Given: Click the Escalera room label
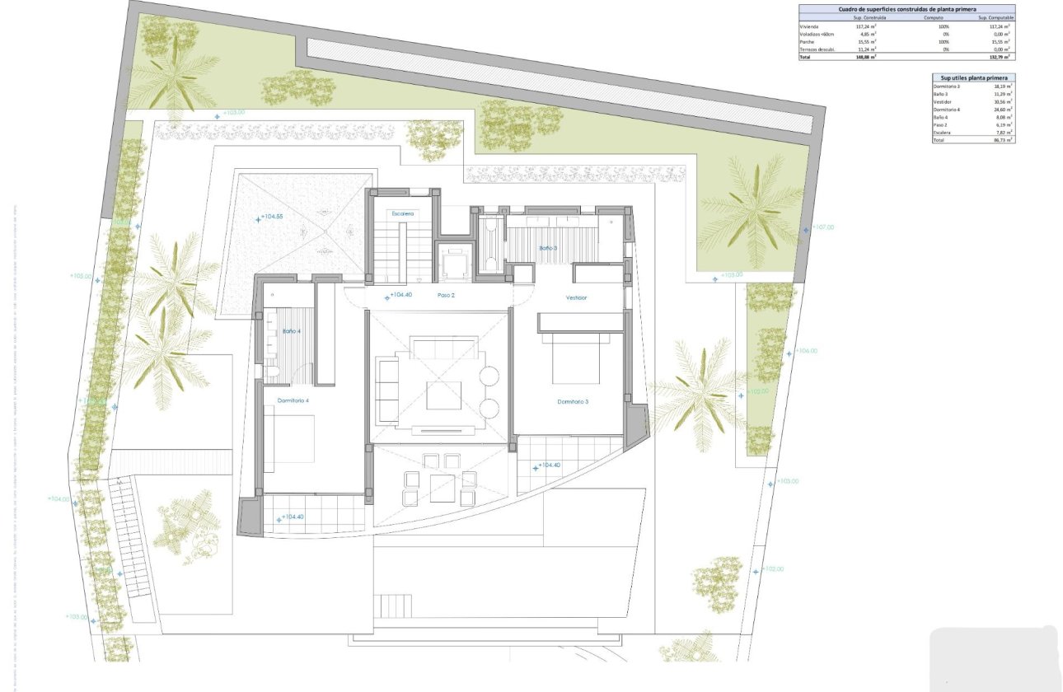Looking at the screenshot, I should point(402,213).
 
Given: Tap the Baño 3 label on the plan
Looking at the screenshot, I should point(548,248).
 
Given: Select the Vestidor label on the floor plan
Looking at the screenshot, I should point(576,297).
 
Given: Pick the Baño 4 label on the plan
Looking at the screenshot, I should point(291,331).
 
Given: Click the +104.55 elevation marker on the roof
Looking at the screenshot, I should point(273,217).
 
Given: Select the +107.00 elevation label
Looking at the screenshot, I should point(822,227).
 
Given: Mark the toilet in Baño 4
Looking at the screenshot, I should point(271,372).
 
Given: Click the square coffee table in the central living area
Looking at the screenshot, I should point(443,395).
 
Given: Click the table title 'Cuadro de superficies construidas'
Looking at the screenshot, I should point(906,9).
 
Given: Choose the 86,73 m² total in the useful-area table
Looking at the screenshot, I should point(1002,141).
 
